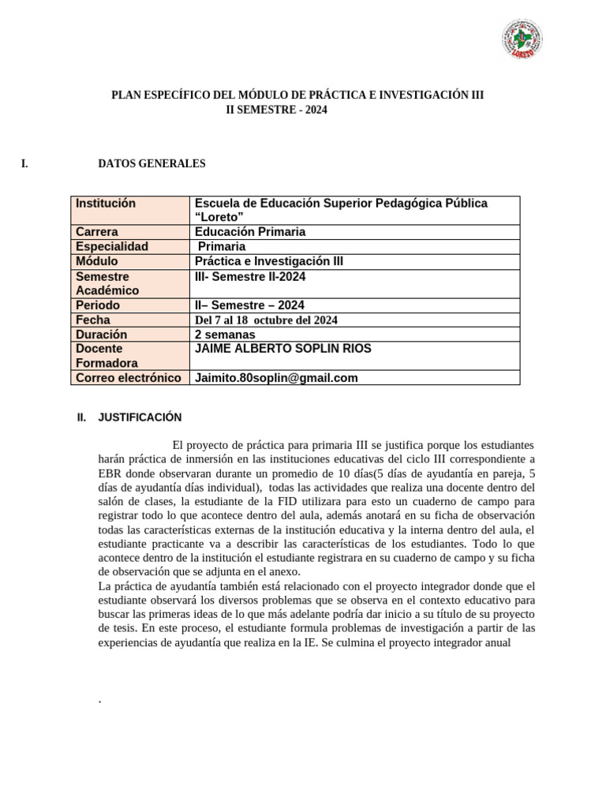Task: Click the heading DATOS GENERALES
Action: (151, 164)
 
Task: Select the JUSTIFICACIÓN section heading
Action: (140, 417)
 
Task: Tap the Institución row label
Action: (106, 204)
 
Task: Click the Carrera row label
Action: (97, 232)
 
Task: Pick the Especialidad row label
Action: (112, 246)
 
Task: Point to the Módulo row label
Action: (97, 261)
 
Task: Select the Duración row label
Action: (102, 335)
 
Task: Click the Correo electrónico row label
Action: (129, 378)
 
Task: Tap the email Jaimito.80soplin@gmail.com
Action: (275, 378)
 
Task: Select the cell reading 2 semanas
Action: (225, 335)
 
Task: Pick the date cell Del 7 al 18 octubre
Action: (266, 320)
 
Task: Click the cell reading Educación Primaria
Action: (249, 232)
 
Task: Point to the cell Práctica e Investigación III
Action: (268, 261)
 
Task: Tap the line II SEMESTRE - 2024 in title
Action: (276, 111)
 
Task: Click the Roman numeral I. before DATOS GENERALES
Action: (25, 164)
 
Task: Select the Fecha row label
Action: (93, 320)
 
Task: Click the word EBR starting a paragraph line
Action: (110, 474)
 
